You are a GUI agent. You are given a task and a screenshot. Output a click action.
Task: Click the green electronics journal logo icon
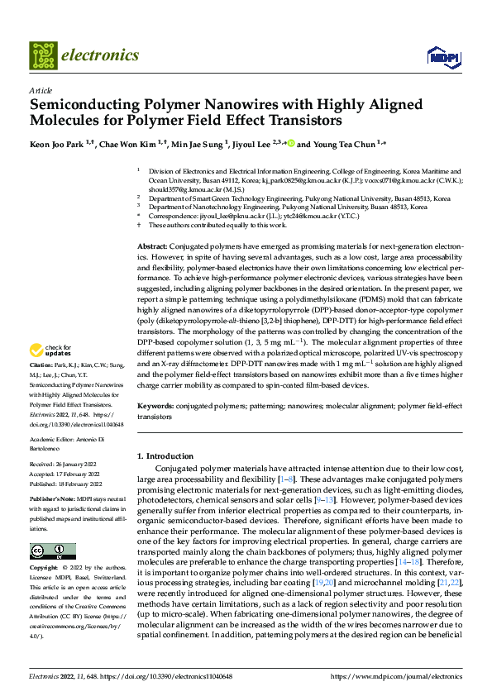pyautogui.click(x=43, y=55)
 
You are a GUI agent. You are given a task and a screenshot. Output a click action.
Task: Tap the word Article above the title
pyautogui.click(x=41, y=89)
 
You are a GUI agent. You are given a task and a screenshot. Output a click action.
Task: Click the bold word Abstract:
pyautogui.click(x=151, y=247)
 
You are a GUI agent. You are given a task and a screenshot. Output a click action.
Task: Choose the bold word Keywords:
pyautogui.click(x=155, y=408)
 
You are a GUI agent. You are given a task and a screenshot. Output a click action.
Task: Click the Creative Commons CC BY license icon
pyautogui.click(x=52, y=551)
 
